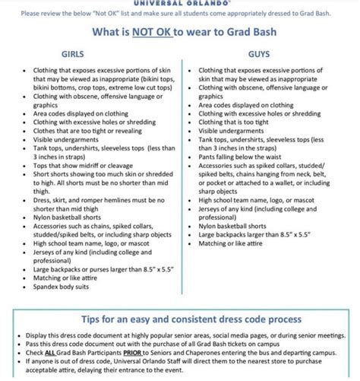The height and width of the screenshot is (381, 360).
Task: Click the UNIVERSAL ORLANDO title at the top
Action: (x=180, y=2)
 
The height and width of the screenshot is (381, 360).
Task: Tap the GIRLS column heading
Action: (x=71, y=54)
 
